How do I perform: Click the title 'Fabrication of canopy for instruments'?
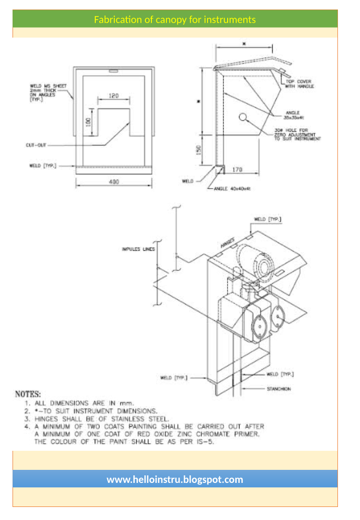pyautogui.click(x=175, y=20)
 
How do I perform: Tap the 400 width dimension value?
pyautogui.click(x=114, y=182)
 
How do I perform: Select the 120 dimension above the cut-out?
pyautogui.click(x=114, y=96)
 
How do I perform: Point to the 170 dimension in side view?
pyautogui.click(x=238, y=170)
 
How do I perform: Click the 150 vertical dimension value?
pyautogui.click(x=199, y=150)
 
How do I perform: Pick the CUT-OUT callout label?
pyautogui.click(x=36, y=145)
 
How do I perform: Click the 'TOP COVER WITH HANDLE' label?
pyautogui.click(x=299, y=84)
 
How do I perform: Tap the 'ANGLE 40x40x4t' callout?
pyautogui.click(x=232, y=189)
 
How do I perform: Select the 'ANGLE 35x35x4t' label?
pyautogui.click(x=294, y=115)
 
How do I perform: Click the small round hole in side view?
pyautogui.click(x=243, y=117)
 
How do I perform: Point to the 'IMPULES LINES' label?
pyautogui.click(x=138, y=249)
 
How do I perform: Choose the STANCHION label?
pyautogui.click(x=279, y=389)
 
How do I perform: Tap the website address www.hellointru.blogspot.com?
pyautogui.click(x=175, y=479)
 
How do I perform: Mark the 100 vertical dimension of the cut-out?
pyautogui.click(x=88, y=122)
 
